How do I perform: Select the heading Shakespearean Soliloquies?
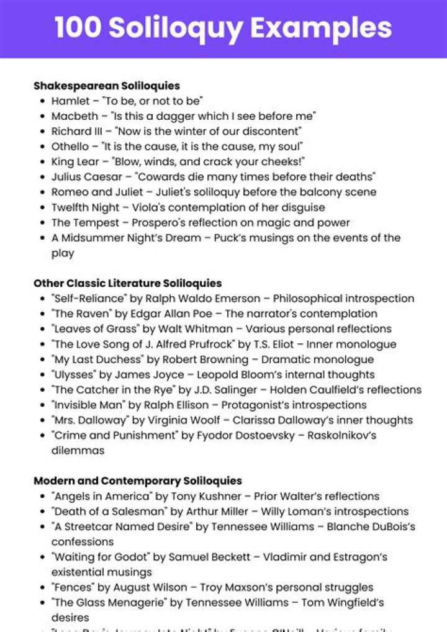(x=107, y=86)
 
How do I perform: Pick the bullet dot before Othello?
(x=42, y=147)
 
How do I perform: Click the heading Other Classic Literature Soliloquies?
(x=127, y=284)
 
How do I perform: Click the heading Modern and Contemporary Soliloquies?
(x=137, y=481)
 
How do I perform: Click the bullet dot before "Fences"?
(x=42, y=587)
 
